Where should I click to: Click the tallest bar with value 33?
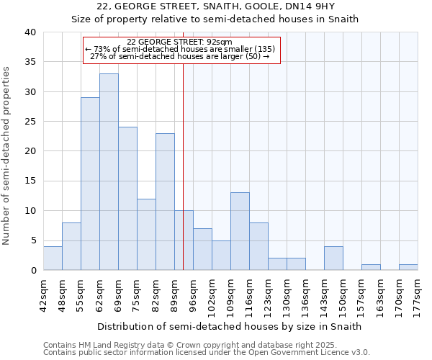click(109, 172)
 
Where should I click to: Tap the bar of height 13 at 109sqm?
click(240, 231)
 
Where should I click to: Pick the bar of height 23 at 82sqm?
click(165, 202)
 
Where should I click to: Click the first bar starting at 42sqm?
click(53, 258)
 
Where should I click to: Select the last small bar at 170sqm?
click(408, 267)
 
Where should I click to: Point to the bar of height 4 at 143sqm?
click(333, 258)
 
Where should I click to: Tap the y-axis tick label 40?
click(30, 32)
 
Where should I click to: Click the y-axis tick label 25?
click(30, 122)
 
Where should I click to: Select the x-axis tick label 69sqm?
click(119, 294)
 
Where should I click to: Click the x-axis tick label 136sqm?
click(306, 296)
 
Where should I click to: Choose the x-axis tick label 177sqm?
click(418, 296)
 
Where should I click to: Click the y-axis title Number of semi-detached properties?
click(7, 156)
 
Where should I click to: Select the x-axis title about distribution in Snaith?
click(229, 326)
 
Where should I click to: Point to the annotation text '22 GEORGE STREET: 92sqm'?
click(179, 42)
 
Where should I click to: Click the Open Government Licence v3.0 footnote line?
click(207, 353)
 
